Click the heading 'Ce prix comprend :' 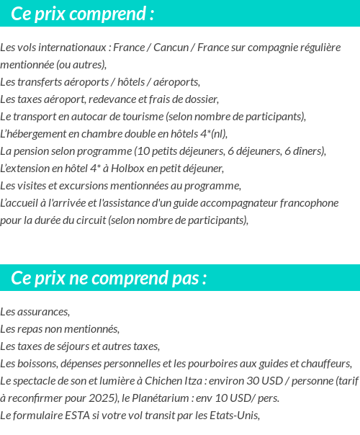point(83,14)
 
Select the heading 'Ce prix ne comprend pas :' point(109,278)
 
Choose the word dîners point(308,151)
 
